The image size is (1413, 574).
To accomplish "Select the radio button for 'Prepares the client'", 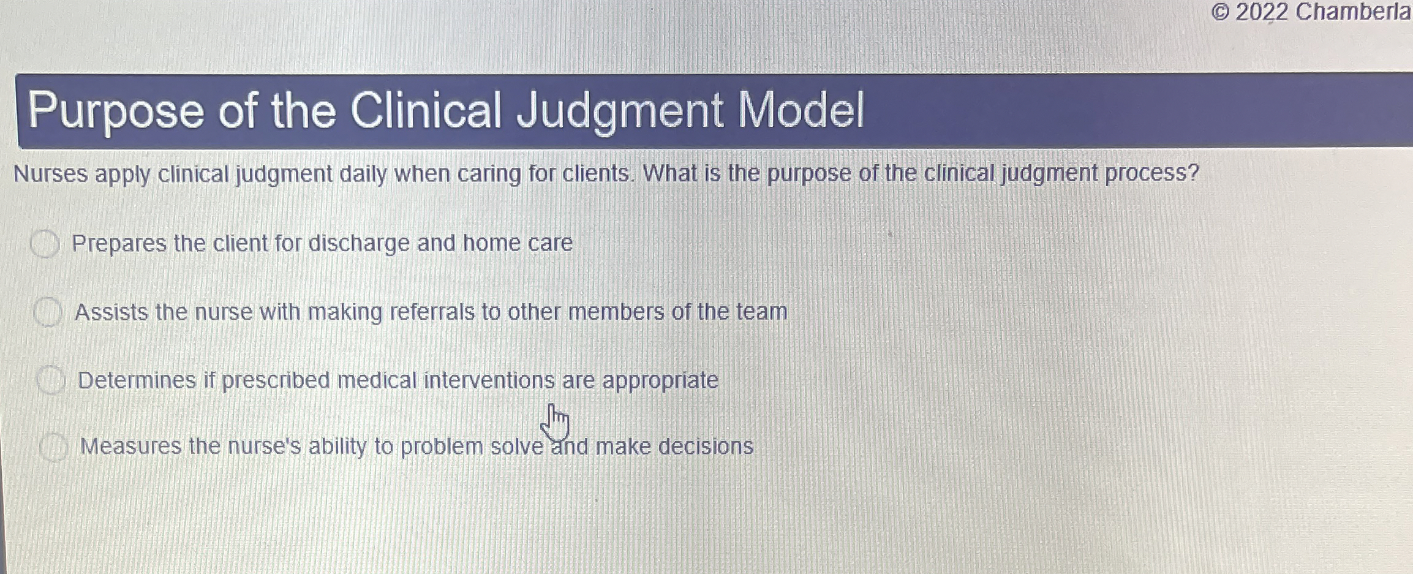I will [45, 244].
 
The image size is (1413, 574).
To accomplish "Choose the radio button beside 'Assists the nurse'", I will [48, 312].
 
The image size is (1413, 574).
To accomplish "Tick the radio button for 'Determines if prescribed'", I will [51, 380].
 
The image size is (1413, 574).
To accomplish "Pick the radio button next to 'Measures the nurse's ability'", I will [54, 447].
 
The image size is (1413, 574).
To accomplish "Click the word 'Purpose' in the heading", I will [116, 111].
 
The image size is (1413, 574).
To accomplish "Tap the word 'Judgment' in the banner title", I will [620, 111].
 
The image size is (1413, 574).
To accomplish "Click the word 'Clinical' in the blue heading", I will [426, 111].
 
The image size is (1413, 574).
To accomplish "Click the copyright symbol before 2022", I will [1220, 12].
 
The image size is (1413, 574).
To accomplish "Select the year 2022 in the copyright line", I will [1262, 12].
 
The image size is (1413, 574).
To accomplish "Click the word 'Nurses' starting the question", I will [51, 174].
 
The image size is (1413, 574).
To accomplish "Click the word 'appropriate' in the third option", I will [660, 381].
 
